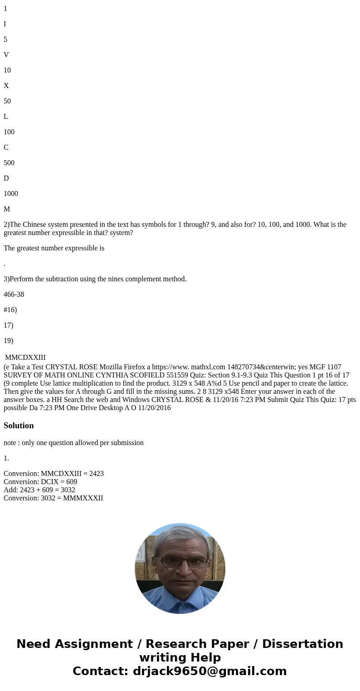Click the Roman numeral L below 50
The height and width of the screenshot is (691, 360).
[x=6, y=117]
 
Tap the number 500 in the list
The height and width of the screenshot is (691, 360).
[x=9, y=163]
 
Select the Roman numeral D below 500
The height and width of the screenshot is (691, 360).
[x=6, y=178]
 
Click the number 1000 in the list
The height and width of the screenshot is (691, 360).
[x=11, y=194]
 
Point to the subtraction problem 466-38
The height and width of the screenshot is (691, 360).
[x=14, y=294]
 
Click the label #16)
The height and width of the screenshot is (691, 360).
[x=10, y=310]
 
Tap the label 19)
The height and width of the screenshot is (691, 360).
[x=9, y=341]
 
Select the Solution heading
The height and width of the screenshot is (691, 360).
[x=19, y=426]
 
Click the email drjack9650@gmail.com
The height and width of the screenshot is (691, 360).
[x=209, y=671]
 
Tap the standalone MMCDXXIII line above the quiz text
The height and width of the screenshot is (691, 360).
[x=25, y=358]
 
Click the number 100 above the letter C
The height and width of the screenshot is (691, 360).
[x=9, y=132]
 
